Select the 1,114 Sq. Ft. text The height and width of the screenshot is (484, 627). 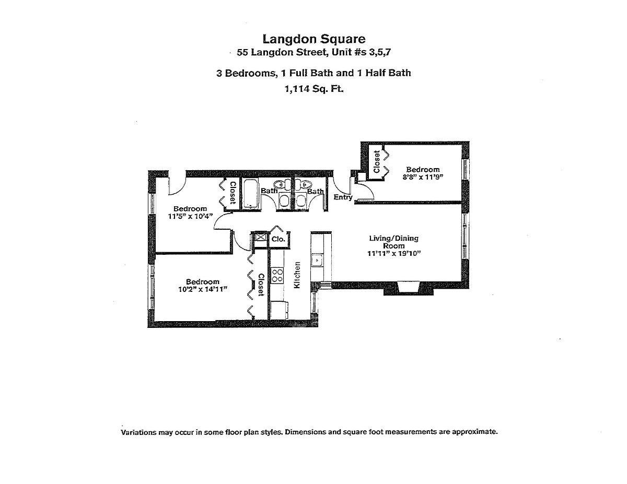coord(313,89)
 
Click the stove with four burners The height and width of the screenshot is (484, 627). coord(277,275)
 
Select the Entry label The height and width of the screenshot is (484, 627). coord(343,197)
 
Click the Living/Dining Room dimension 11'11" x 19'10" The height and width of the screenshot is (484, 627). coord(393,253)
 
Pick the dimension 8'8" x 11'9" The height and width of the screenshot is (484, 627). coord(423,177)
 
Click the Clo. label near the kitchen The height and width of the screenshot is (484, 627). coord(278,239)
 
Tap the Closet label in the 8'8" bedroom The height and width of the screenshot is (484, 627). coord(376,162)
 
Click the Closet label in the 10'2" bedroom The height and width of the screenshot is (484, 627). coord(260,284)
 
